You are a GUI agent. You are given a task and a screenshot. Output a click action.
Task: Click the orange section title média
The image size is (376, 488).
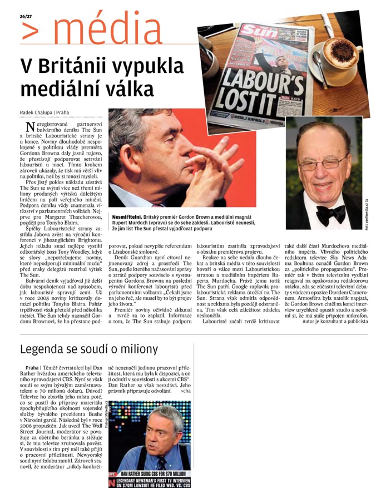[x=98, y=26]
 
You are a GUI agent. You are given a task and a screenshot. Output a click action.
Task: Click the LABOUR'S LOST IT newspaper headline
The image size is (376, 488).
[x=266, y=85]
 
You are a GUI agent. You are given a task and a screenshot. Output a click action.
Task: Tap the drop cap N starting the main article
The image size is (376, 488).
[x=33, y=127]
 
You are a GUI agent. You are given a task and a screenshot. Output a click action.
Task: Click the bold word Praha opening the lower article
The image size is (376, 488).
[x=32, y=368]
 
